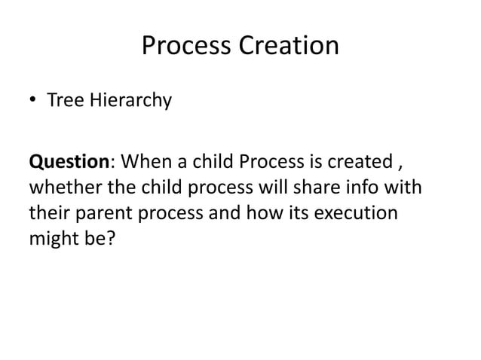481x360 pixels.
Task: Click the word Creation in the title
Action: point(289,47)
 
